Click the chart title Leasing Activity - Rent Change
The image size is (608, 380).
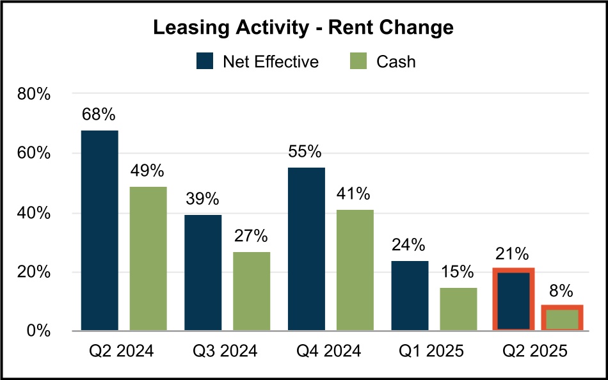click(303, 28)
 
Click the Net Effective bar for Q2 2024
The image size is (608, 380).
click(99, 230)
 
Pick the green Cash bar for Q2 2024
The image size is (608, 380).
click(148, 259)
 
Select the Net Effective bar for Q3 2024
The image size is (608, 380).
click(203, 273)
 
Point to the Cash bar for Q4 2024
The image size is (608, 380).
click(355, 270)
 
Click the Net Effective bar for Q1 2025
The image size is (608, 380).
click(410, 296)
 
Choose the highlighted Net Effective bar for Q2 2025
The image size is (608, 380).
click(513, 299)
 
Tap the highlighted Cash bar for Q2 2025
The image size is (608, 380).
click(562, 318)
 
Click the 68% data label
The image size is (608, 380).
click(99, 115)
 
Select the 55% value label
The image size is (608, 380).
click(305, 152)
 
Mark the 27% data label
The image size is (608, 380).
click(251, 236)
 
